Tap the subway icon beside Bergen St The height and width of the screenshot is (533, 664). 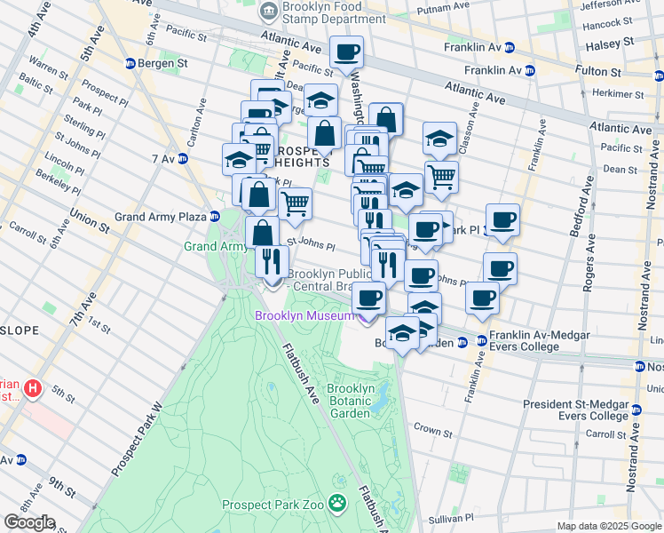point(130,64)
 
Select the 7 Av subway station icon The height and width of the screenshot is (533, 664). point(183,159)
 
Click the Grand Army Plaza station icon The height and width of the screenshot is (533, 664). point(215,216)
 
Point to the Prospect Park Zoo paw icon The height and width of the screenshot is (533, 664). point(338,505)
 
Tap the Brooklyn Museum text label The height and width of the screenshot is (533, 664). point(304,314)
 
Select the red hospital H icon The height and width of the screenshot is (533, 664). point(33,388)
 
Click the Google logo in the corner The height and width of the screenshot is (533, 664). point(28,522)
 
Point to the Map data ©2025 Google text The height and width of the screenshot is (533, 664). point(608,526)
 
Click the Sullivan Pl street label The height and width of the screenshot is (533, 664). point(443,517)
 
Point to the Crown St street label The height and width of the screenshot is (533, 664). point(433,432)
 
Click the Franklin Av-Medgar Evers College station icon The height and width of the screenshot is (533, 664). point(480,340)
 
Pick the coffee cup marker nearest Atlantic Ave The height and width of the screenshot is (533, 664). point(346,52)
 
